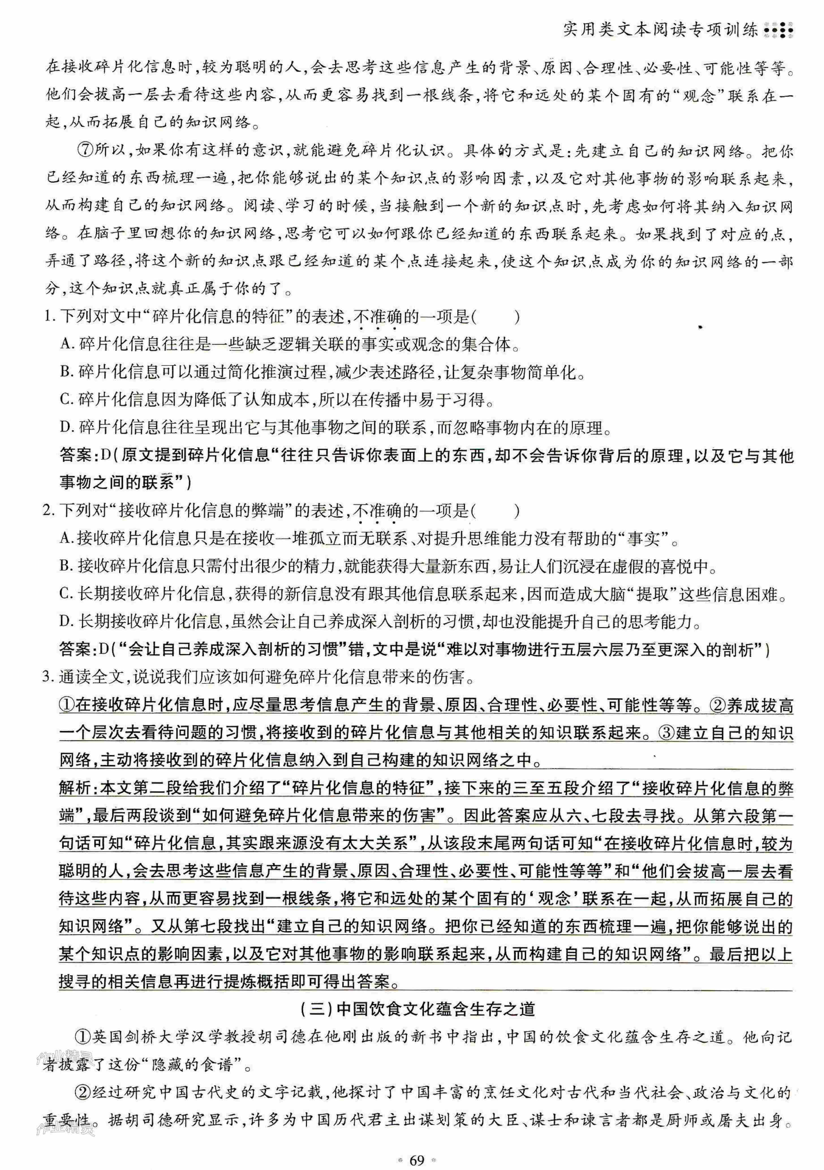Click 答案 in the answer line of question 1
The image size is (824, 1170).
pos(75,455)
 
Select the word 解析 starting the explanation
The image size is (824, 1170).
pos(75,788)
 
